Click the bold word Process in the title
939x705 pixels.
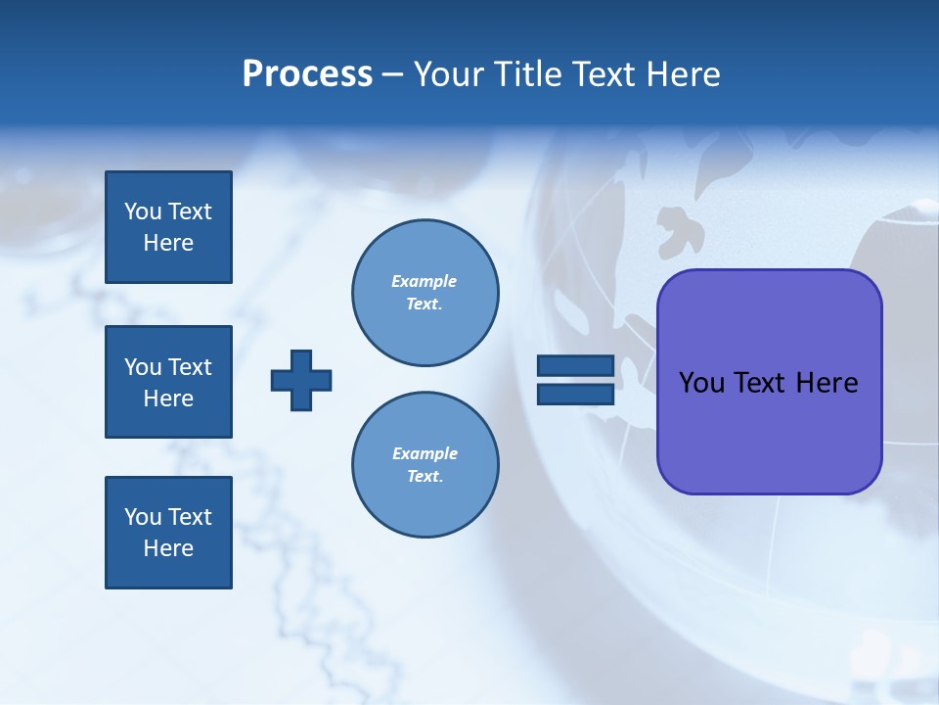click(x=307, y=74)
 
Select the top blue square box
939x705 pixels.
click(x=168, y=227)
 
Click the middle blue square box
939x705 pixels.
click(x=168, y=382)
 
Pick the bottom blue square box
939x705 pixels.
click(x=168, y=533)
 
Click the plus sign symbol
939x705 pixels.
click(x=301, y=380)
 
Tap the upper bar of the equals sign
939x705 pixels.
click(x=575, y=366)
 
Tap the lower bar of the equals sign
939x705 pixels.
click(x=575, y=394)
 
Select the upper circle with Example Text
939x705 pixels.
click(x=425, y=292)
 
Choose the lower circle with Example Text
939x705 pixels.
click(x=425, y=464)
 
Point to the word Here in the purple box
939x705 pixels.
click(x=827, y=383)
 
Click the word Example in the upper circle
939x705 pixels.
click(x=424, y=281)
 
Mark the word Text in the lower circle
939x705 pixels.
click(x=424, y=476)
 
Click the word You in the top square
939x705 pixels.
click(x=142, y=211)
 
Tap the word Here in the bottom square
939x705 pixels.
click(x=168, y=548)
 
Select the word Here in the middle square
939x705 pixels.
click(x=168, y=399)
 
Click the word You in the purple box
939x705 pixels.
click(x=701, y=383)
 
